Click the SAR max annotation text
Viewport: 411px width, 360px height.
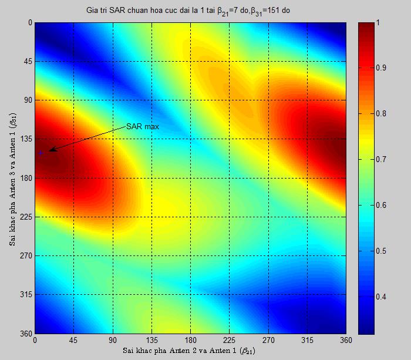click(143, 126)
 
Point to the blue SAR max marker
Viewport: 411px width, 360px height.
click(41, 153)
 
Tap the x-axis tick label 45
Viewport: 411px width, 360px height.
click(73, 339)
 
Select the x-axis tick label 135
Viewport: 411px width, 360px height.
click(151, 339)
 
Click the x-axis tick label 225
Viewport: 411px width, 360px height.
click(229, 339)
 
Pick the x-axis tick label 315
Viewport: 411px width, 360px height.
click(307, 339)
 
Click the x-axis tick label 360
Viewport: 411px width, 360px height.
click(346, 339)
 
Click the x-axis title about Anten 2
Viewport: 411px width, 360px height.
click(190, 351)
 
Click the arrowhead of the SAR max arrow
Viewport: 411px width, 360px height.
click(50, 151)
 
